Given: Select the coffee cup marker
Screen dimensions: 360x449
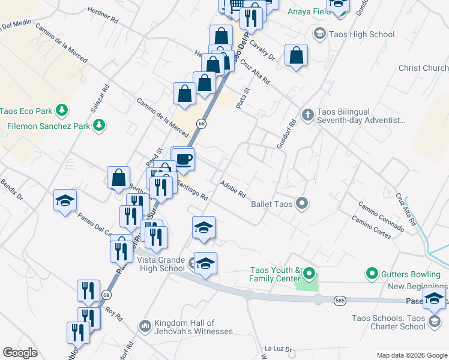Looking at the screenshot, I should [x=184, y=160].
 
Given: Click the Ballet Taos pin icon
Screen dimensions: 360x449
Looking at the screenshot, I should [x=303, y=204].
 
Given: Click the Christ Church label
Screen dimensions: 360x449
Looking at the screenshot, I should [x=423, y=68].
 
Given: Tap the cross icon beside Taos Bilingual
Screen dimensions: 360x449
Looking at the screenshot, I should [x=307, y=114].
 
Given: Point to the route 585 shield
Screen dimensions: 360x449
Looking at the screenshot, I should [x=340, y=301].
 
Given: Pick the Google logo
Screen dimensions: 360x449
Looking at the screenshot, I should [x=20, y=353].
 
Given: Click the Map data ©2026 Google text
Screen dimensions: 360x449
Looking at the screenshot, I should [x=411, y=355].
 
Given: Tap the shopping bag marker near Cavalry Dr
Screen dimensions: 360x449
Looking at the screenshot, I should [x=297, y=56].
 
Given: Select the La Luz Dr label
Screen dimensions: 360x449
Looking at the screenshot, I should [x=278, y=349].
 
